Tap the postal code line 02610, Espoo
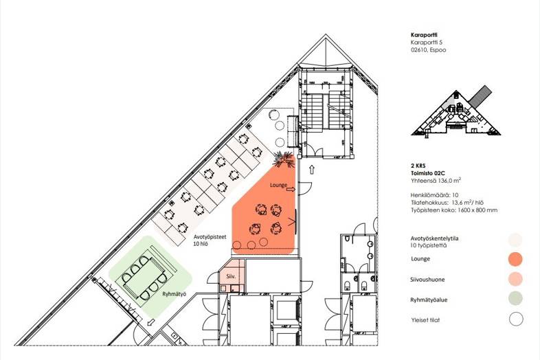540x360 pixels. (x=428, y=50)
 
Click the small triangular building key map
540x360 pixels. (x=456, y=111)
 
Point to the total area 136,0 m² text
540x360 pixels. (x=436, y=180)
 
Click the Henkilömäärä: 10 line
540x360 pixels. (x=434, y=195)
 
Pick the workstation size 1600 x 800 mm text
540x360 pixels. (x=454, y=210)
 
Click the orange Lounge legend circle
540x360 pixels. (x=515, y=260)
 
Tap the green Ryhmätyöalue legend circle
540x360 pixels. (x=515, y=298)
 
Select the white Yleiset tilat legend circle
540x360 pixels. (x=516, y=319)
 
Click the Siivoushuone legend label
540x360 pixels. (x=427, y=280)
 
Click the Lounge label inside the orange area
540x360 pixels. (x=279, y=185)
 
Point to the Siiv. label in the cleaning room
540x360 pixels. (x=231, y=276)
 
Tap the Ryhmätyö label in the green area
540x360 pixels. (x=175, y=294)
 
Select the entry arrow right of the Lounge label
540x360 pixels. (x=291, y=189)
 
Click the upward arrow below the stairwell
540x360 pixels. (x=312, y=169)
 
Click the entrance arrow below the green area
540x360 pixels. (x=150, y=323)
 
